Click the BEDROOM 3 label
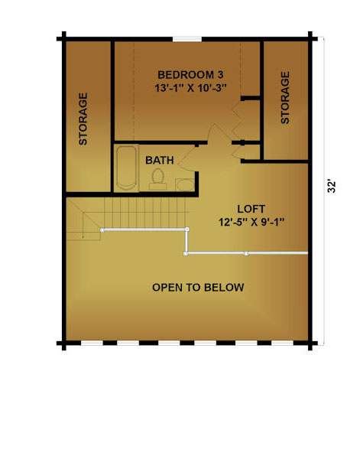[190, 75]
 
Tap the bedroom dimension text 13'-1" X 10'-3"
[190, 88]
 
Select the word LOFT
[251, 209]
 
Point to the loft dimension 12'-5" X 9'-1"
[251, 222]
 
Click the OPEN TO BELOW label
[198, 288]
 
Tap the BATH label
[160, 161]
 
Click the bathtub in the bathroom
[126, 168]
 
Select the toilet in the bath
[158, 179]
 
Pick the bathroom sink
[185, 185]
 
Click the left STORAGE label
[83, 119]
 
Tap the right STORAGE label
[285, 98]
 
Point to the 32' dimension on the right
[332, 187]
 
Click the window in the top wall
[187, 39]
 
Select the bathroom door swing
[187, 158]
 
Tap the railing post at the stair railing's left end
[102, 230]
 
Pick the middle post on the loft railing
[246, 253]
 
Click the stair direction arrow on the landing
[83, 225]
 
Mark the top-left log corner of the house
[63, 39]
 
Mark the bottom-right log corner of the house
[310, 343]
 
